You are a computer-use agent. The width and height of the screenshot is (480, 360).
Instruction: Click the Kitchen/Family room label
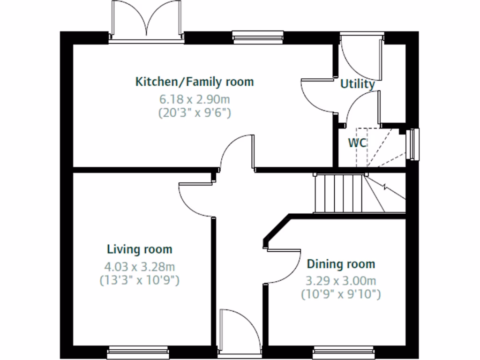[x=195, y=82]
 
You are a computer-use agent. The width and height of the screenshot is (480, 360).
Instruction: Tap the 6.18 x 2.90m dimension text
[x=195, y=99]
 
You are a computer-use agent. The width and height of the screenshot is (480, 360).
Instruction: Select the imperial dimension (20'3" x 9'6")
[x=195, y=113]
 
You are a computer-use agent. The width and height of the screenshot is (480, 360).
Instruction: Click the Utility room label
[x=357, y=84]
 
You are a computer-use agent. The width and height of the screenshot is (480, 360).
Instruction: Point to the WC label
[x=357, y=143]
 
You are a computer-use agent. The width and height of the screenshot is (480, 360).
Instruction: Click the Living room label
[x=140, y=249]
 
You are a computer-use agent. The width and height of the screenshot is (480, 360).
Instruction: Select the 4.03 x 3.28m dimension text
[x=140, y=267]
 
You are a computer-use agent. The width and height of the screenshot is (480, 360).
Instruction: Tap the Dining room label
[x=341, y=264]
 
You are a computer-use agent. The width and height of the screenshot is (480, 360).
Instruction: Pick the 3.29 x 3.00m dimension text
[x=341, y=281]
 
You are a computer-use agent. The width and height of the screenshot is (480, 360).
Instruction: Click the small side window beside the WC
[x=412, y=144]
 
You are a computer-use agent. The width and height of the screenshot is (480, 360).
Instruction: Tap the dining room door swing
[x=284, y=267]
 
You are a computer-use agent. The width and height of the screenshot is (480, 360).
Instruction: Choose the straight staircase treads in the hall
[x=338, y=193]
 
